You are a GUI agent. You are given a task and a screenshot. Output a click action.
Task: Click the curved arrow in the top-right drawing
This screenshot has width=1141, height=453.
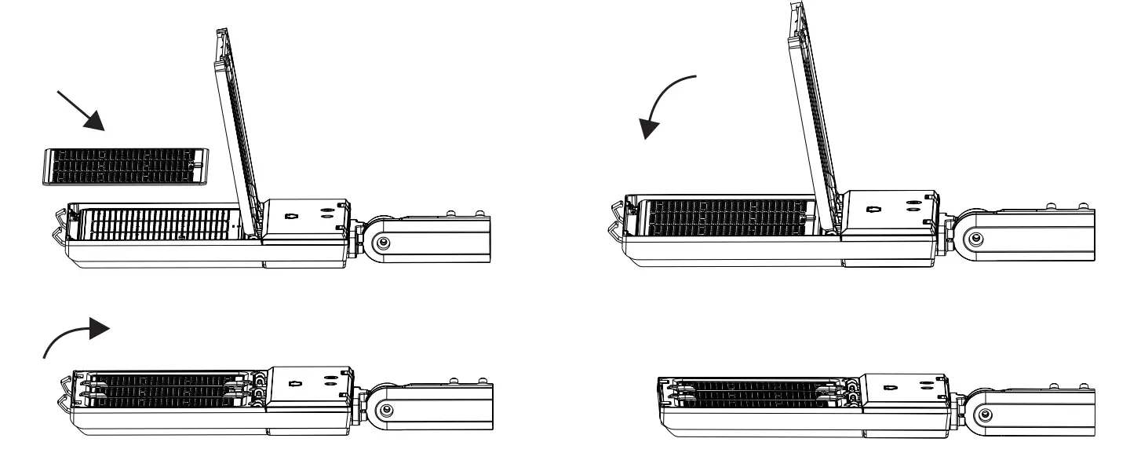(x=664, y=102)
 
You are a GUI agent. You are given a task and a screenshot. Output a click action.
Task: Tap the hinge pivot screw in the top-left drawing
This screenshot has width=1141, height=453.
(x=382, y=243)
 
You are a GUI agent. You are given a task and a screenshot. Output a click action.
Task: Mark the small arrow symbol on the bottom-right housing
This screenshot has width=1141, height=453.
(x=888, y=387)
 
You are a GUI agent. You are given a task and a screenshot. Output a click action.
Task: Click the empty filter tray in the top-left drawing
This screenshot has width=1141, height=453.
(x=161, y=225)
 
